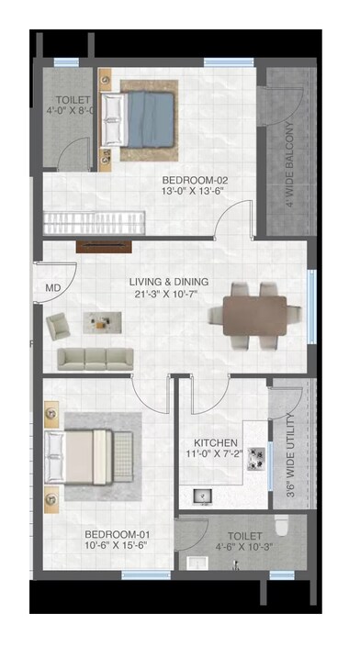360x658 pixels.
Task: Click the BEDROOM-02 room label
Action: pyautogui.click(x=190, y=180)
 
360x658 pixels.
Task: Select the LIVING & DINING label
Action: pyautogui.click(x=169, y=282)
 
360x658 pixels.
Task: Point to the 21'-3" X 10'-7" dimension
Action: pyautogui.click(x=169, y=295)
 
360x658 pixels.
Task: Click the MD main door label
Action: pyautogui.click(x=51, y=288)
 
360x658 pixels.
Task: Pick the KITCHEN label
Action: pyautogui.click(x=217, y=441)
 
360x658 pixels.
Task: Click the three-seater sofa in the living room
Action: pyautogui.click(x=96, y=358)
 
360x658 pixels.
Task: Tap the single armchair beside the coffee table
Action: pyautogui.click(x=58, y=324)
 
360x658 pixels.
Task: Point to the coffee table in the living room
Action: pyautogui.click(x=101, y=321)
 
